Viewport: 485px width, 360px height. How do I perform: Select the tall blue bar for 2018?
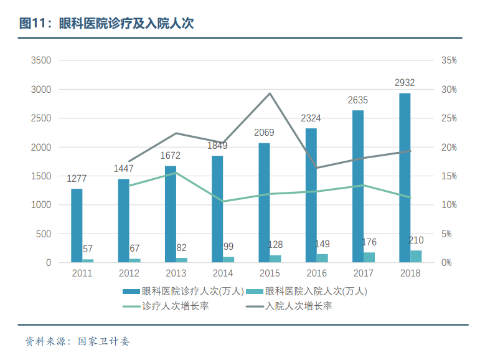tap(405, 178)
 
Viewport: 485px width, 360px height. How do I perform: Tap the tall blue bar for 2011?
tap(77, 225)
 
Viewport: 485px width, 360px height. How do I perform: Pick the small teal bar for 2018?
tap(416, 256)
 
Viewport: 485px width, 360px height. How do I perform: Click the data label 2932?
tap(405, 82)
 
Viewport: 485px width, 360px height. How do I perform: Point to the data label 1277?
tap(77, 179)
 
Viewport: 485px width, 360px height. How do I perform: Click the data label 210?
tap(416, 240)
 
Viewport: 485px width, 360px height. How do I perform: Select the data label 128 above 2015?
tap(275, 245)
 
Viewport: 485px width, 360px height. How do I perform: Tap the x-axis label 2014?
tap(223, 273)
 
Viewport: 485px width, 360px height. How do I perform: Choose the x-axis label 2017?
tap(364, 273)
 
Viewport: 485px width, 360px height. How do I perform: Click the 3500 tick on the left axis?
tap(41, 60)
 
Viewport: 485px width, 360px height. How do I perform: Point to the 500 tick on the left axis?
tap(44, 234)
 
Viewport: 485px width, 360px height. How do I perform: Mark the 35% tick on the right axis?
tap(449, 60)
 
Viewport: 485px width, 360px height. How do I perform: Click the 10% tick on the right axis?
tap(449, 205)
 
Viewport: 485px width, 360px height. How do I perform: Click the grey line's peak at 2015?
tap(270, 93)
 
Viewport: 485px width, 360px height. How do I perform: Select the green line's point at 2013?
tap(176, 173)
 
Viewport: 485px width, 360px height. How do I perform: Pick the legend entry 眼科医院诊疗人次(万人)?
tap(187, 291)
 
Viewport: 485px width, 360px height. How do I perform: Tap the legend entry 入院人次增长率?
tap(291, 306)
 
